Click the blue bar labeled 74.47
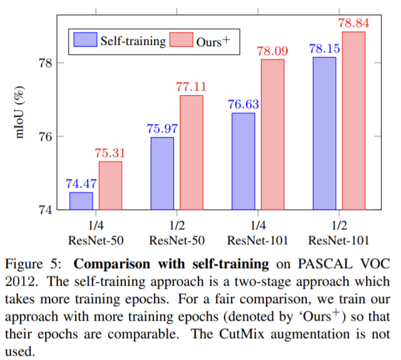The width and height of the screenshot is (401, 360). click(81, 201)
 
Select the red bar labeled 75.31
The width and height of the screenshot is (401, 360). click(110, 186)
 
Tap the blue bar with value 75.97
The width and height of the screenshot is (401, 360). click(162, 173)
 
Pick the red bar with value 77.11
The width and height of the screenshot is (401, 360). click(191, 152)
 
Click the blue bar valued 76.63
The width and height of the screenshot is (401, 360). click(243, 161)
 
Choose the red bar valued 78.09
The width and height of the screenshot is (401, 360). click(272, 134)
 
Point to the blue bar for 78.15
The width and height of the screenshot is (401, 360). click(324, 133)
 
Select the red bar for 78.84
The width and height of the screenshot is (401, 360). click(353, 121)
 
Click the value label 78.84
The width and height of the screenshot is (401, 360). click(353, 23)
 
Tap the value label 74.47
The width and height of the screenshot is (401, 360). click(81, 184)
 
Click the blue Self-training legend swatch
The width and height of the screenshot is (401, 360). click(84, 41)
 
